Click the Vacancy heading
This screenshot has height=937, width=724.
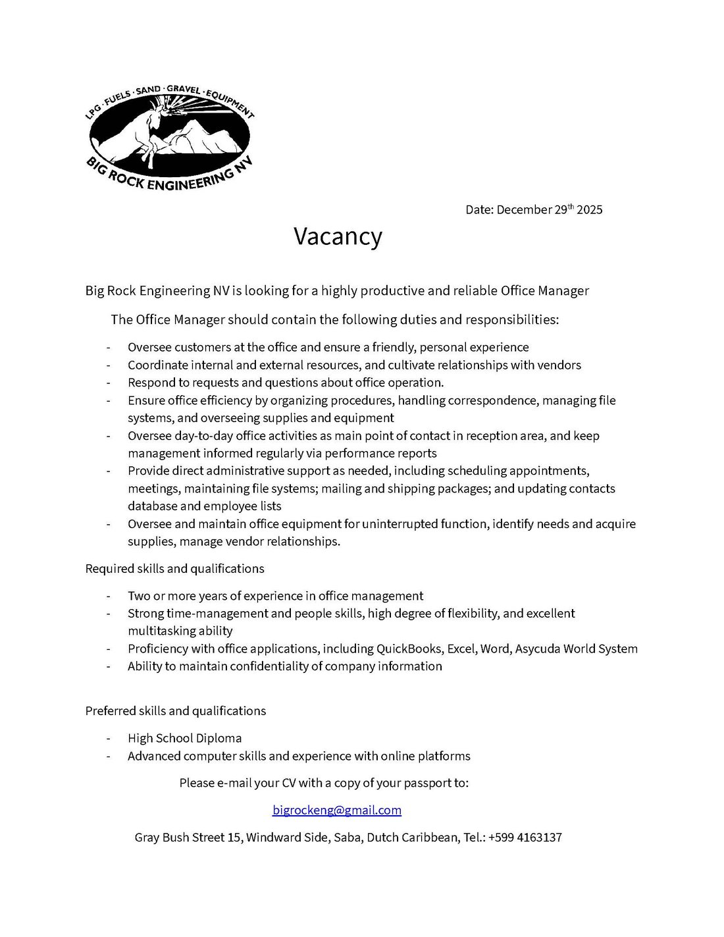(x=338, y=236)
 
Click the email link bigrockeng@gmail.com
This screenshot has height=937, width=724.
(x=336, y=810)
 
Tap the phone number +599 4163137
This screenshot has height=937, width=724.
(x=525, y=838)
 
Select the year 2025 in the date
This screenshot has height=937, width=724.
(x=589, y=210)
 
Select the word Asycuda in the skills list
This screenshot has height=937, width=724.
(x=538, y=649)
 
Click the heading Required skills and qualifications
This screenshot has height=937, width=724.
(x=174, y=568)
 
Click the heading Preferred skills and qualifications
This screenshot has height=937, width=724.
(x=175, y=710)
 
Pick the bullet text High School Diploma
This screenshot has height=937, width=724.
(x=184, y=738)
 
